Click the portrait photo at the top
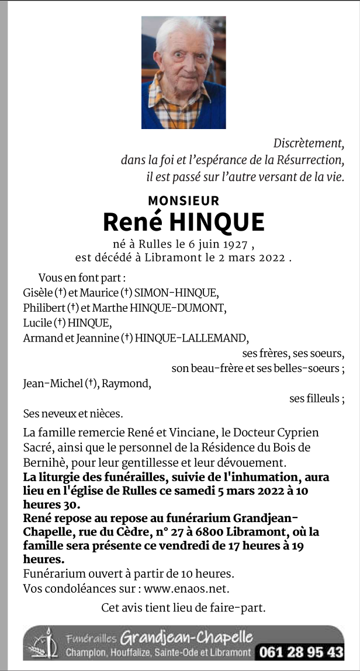184,72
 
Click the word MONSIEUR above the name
184,201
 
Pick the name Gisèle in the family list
37,293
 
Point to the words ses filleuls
315,399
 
